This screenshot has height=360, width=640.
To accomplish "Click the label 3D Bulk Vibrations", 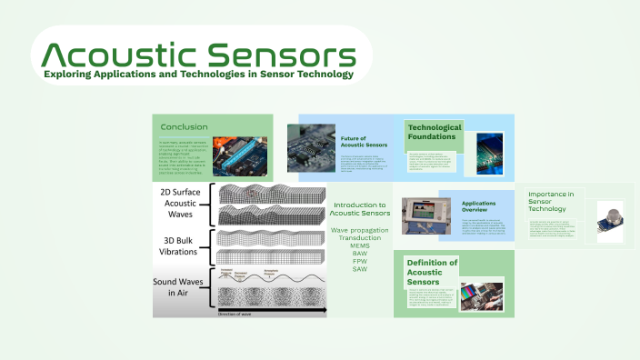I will click(x=182, y=246).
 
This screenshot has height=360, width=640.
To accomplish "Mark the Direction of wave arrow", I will click(x=272, y=315).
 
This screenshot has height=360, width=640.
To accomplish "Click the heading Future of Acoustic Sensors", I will click(x=364, y=142).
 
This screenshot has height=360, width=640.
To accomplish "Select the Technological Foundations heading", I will click(x=435, y=132).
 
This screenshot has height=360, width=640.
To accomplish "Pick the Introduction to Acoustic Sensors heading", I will click(x=359, y=210).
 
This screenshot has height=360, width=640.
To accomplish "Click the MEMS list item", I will click(x=359, y=245).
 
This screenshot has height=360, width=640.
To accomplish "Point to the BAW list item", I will click(x=359, y=253).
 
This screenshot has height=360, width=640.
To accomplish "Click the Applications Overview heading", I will click(x=478, y=206).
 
